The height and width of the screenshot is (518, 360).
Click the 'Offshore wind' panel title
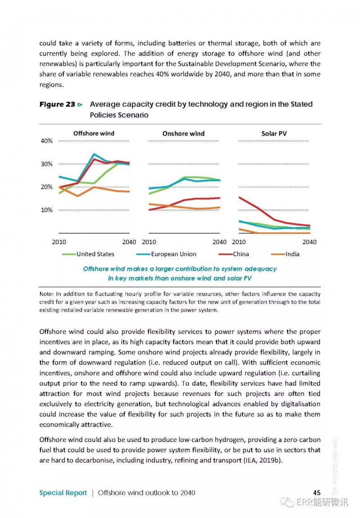(94, 133)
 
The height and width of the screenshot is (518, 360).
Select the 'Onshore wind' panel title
(184, 133)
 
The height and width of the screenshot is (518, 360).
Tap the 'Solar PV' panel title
(274, 133)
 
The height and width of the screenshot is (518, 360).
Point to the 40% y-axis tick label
(46, 141)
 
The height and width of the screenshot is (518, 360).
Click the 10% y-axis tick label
(46, 210)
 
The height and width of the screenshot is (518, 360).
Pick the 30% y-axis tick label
(46, 164)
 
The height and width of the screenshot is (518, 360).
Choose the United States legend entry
(88, 254)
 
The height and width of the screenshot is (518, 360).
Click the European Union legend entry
(166, 254)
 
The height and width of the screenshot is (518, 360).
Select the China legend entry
(234, 254)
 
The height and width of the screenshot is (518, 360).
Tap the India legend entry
(285, 254)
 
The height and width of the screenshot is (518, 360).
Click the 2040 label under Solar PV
(310, 242)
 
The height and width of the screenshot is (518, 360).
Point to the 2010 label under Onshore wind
(149, 242)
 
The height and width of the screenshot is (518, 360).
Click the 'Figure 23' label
(58, 105)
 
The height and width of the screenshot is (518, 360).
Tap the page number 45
(317, 493)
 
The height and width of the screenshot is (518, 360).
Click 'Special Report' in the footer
(63, 493)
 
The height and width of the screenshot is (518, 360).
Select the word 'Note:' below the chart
(46, 294)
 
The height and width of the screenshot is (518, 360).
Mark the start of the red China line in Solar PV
(239, 198)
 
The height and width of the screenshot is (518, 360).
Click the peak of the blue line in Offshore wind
(94, 154)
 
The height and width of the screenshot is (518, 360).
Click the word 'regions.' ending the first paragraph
(51, 85)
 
